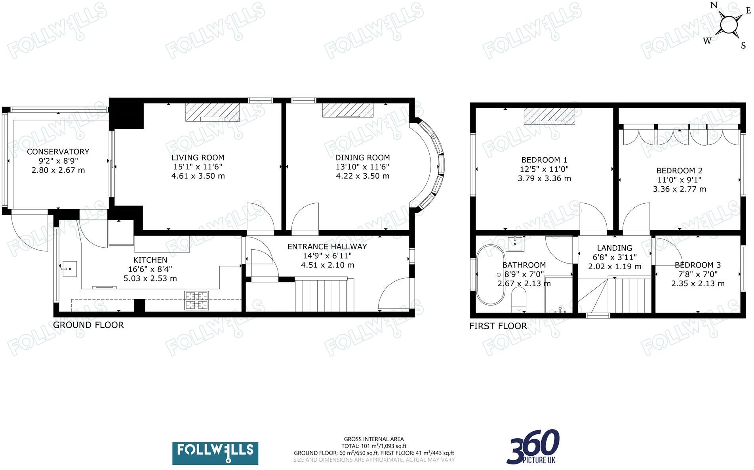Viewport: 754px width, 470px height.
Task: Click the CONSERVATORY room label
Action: pos(58,151)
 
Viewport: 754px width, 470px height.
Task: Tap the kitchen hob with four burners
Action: pos(196,300)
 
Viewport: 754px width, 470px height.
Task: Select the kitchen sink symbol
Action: pos(69,269)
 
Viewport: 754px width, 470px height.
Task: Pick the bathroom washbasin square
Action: pos(515,243)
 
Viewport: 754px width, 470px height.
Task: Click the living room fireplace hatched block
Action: pos(213,112)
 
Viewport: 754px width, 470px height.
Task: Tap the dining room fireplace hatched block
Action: pos(348,110)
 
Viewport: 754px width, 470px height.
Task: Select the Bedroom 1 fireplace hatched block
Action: pos(549,116)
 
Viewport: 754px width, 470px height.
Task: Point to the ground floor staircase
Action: pos(324,295)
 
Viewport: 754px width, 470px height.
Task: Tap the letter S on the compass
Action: pos(743,46)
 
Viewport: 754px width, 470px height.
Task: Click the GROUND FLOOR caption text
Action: pos(88,325)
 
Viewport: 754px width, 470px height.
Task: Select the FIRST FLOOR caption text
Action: pos(498,326)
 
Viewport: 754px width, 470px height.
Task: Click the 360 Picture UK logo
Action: pos(533,447)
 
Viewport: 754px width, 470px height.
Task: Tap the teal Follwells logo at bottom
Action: pos(215,453)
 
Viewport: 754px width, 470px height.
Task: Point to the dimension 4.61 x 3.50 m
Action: pos(198,176)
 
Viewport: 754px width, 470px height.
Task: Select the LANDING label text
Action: pos(614,248)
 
